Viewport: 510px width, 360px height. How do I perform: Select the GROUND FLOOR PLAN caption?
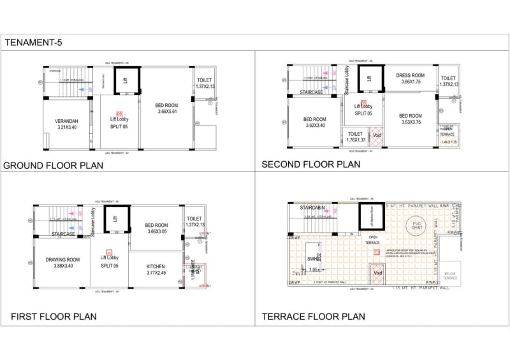click(x=54, y=166)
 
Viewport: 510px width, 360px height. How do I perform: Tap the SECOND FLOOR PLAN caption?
click(x=310, y=164)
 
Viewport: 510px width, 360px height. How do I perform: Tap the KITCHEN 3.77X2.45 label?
click(x=156, y=269)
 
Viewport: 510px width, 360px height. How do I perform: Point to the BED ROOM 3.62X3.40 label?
click(x=314, y=122)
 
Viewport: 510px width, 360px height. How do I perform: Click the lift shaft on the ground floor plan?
click(x=126, y=80)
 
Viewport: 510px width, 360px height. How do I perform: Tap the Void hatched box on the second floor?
click(x=377, y=136)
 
